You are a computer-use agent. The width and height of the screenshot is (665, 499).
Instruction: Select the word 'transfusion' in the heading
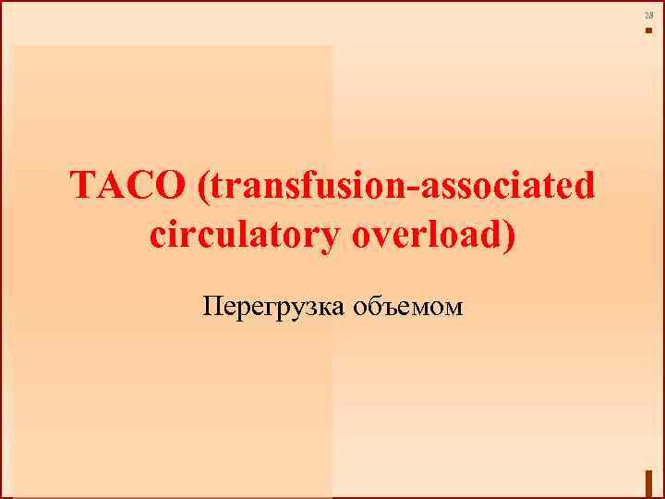(x=310, y=189)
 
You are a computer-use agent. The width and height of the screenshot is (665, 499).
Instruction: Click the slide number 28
(x=648, y=17)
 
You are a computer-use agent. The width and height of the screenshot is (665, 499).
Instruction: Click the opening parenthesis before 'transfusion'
(x=202, y=189)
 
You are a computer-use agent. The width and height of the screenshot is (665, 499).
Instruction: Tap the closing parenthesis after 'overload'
(x=510, y=237)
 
